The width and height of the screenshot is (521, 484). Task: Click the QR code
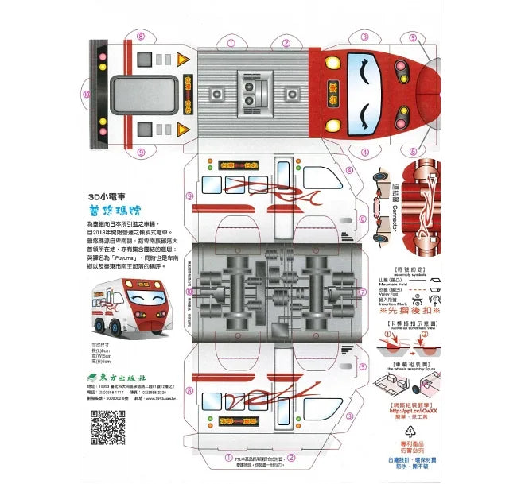[x=107, y=427]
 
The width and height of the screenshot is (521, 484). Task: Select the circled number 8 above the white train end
[x=141, y=36]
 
